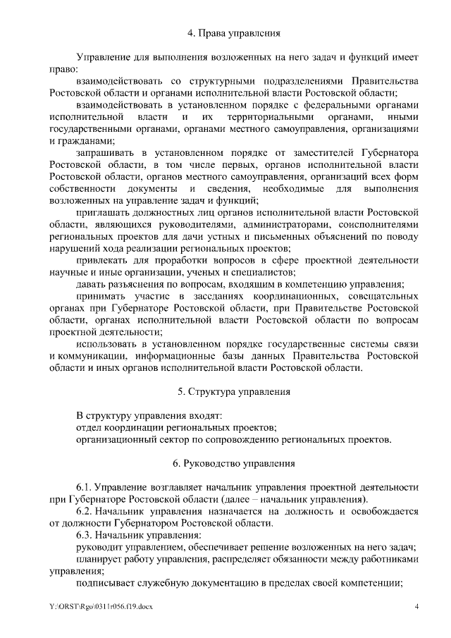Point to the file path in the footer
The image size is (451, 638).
101,607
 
